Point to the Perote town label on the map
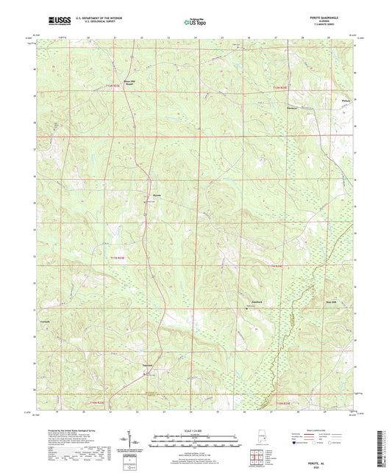coord(156,195)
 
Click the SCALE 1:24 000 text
coord(195,430)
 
